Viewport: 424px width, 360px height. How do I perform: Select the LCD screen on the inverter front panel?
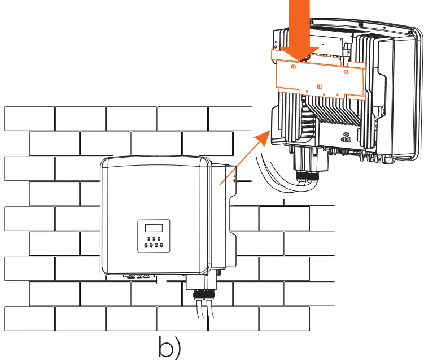(154, 229)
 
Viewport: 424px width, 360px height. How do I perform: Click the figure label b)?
(169, 348)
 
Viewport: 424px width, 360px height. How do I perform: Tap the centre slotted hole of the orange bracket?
(320, 86)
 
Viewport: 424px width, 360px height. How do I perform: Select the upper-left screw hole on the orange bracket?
(293, 66)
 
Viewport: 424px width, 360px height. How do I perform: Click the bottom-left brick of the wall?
(29, 319)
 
